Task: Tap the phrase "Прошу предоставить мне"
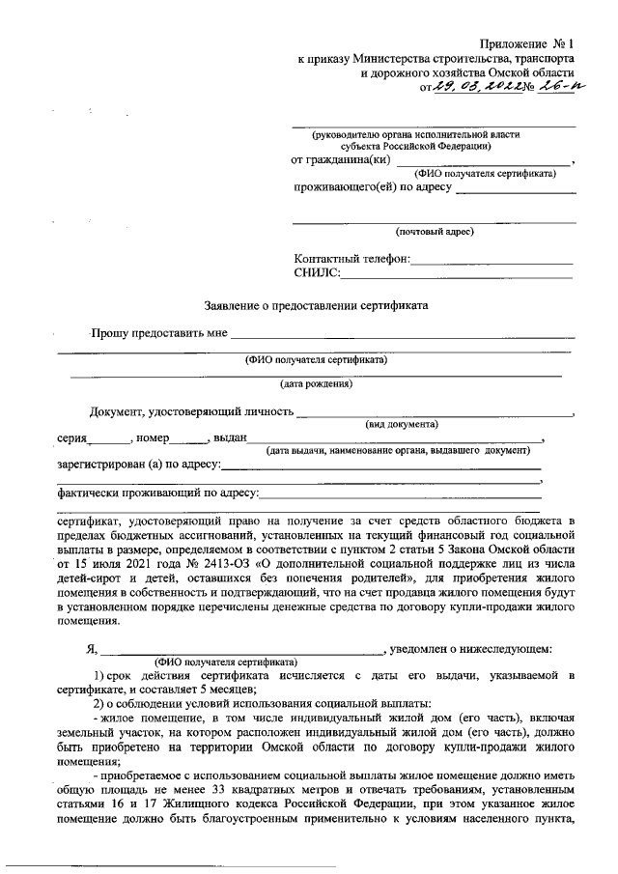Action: coord(158,334)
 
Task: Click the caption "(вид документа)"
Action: coord(402,424)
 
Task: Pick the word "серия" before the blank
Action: coord(71,438)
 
